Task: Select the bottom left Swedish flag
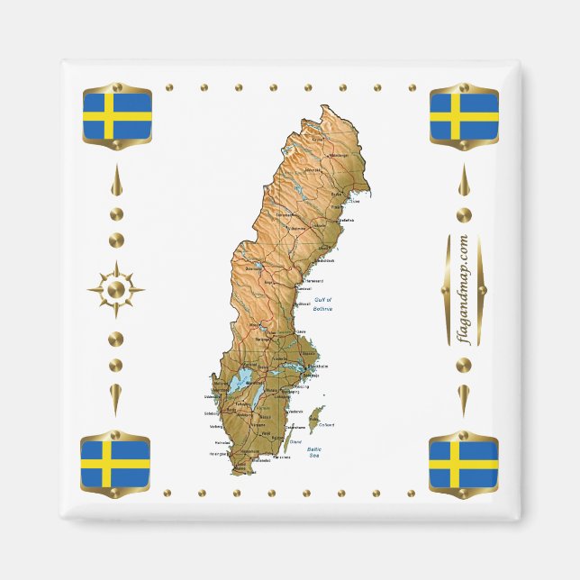point(115,462)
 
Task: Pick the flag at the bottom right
point(463,463)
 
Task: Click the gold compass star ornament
point(115,289)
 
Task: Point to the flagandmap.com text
point(463,289)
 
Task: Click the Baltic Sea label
point(314,451)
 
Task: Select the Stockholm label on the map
point(318,367)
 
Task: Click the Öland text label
point(295,442)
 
